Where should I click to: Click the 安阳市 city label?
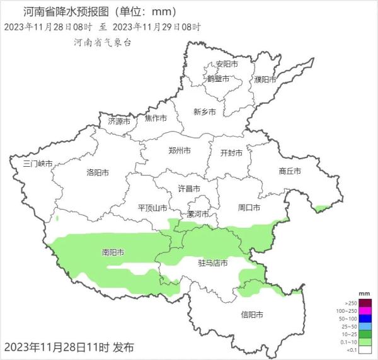point(227,64)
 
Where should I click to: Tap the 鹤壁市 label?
point(219,79)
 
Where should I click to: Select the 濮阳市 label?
point(266,79)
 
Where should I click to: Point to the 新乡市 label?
point(205,111)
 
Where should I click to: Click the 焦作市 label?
point(156,118)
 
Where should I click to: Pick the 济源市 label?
point(118,120)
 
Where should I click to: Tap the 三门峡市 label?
point(37,164)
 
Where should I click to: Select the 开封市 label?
point(231,153)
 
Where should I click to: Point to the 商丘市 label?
point(289,171)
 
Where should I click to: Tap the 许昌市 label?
point(188,189)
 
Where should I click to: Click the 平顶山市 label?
point(152,208)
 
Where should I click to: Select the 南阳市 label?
point(113,252)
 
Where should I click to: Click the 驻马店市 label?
point(212,262)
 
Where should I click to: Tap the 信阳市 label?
point(252,314)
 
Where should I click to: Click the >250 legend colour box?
point(364,303)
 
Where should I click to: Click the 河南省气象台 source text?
point(102,42)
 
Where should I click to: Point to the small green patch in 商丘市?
point(322,208)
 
